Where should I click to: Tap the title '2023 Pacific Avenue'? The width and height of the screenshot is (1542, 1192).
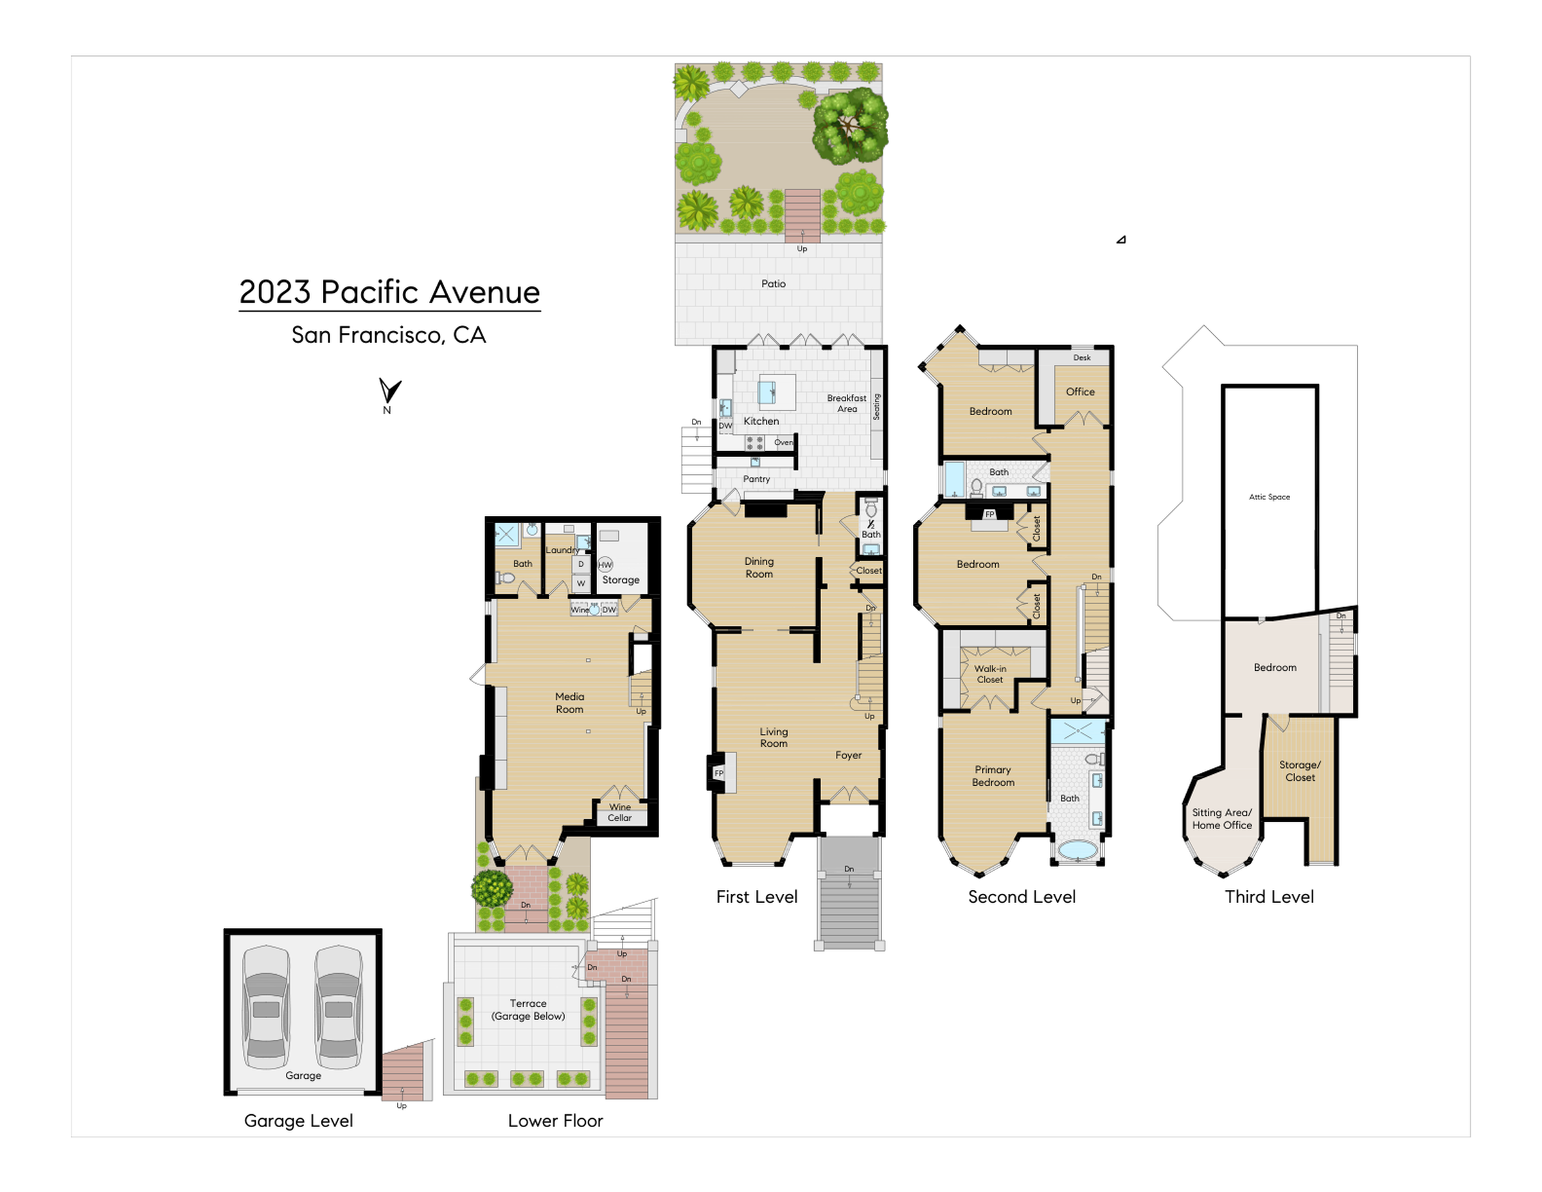tap(390, 292)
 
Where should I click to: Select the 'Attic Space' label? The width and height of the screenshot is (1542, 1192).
tap(1270, 497)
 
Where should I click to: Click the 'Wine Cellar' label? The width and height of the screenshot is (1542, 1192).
tap(620, 812)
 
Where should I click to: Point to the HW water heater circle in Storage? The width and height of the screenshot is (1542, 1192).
tap(605, 564)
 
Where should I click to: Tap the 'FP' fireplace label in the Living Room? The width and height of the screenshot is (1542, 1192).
tap(719, 773)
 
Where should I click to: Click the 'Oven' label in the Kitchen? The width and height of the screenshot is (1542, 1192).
tap(783, 443)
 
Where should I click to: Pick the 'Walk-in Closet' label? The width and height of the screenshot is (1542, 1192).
tap(990, 674)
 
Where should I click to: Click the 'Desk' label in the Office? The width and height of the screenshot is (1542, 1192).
tap(1083, 357)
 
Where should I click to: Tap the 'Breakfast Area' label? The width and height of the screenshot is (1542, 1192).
tap(847, 403)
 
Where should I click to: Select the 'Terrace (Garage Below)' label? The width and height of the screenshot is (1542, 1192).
tap(528, 1010)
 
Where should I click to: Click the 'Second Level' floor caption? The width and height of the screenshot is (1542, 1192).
tap(1022, 897)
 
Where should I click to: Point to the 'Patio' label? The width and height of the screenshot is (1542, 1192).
tap(773, 284)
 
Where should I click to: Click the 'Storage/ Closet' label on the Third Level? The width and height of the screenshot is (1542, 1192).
tap(1300, 771)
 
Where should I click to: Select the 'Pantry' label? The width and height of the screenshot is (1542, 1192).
tap(756, 479)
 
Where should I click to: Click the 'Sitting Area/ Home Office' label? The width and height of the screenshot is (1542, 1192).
tap(1222, 819)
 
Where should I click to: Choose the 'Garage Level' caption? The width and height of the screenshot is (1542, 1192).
tap(299, 1121)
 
